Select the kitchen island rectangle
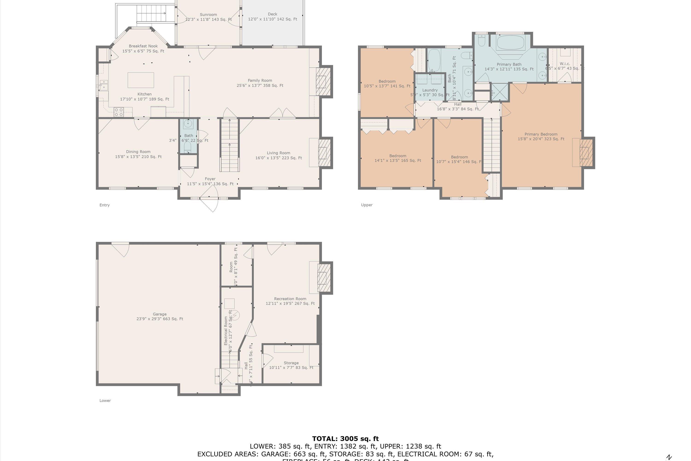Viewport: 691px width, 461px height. (x=141, y=80)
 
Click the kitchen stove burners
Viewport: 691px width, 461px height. (x=119, y=112)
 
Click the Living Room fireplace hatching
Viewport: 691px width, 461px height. (x=324, y=153)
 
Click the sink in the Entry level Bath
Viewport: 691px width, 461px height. (x=188, y=124)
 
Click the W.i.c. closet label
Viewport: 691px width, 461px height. (x=565, y=64)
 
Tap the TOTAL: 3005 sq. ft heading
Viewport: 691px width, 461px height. (x=345, y=439)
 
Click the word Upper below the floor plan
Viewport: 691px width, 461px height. (x=367, y=205)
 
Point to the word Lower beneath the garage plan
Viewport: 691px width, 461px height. (x=105, y=400)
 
